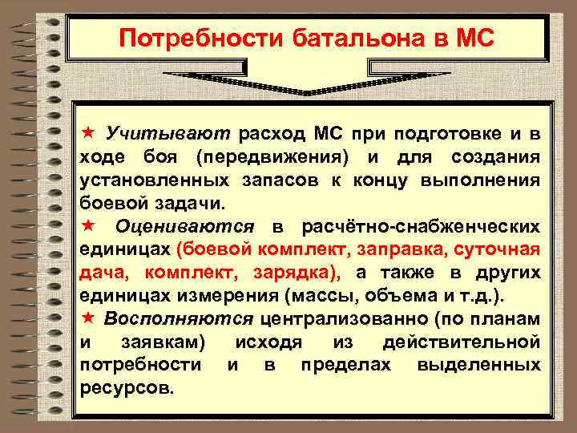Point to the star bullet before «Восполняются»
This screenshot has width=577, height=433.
tap(90, 319)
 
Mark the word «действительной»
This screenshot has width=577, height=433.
tap(462, 342)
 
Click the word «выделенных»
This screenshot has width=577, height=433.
tap(478, 366)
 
